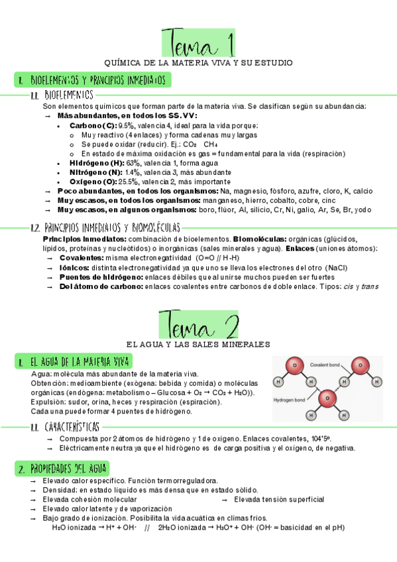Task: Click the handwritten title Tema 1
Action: pyautogui.click(x=198, y=42)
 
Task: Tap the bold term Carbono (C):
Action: pyautogui.click(x=92, y=125)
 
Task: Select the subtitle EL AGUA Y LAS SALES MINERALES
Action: pyautogui.click(x=198, y=345)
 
